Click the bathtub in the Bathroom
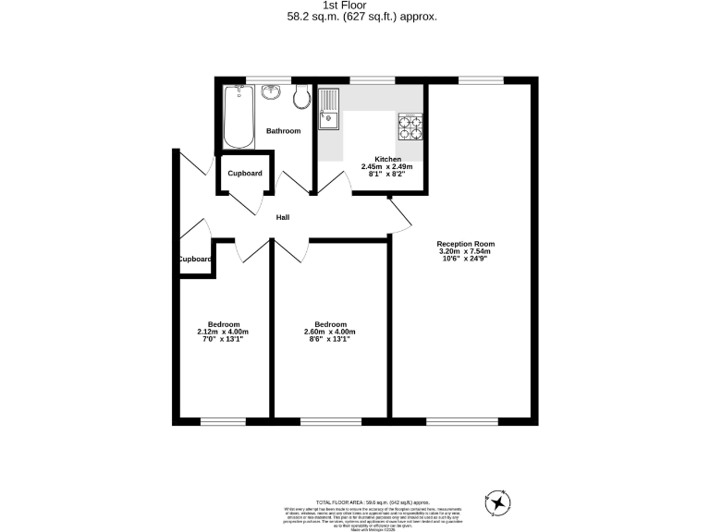(239, 116)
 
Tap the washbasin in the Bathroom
(272, 92)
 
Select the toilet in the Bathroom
(300, 95)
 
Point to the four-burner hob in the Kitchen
(410, 126)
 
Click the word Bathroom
(284, 131)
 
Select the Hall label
(283, 217)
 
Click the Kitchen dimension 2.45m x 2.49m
(386, 166)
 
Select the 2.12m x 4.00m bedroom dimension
(224, 332)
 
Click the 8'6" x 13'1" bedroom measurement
(330, 340)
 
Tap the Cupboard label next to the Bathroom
(245, 174)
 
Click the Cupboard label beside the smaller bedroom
(195, 260)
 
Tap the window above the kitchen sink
(365, 80)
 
